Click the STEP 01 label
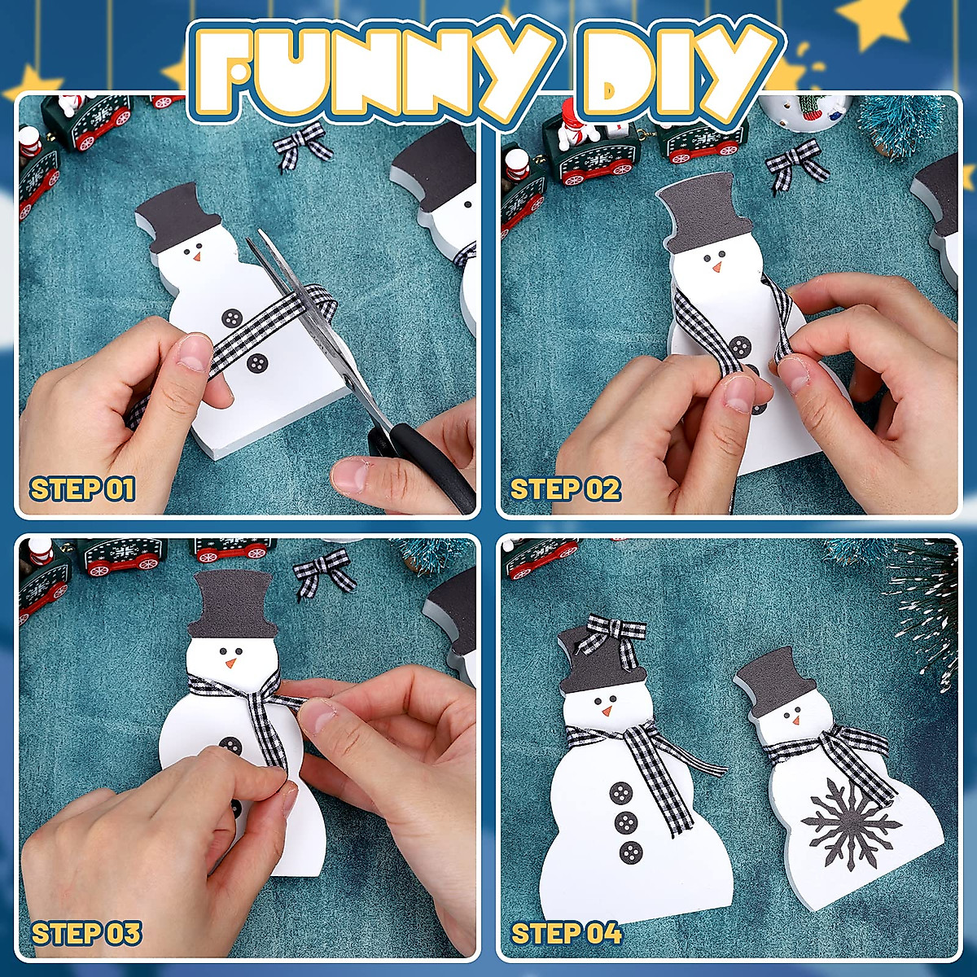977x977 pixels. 82,489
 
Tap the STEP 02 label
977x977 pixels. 565,489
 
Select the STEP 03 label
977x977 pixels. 86,933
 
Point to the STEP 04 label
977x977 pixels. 566,933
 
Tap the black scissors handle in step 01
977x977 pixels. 432,464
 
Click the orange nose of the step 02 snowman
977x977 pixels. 716,267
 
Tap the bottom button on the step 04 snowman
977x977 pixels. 631,852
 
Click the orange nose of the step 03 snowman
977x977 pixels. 230,664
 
